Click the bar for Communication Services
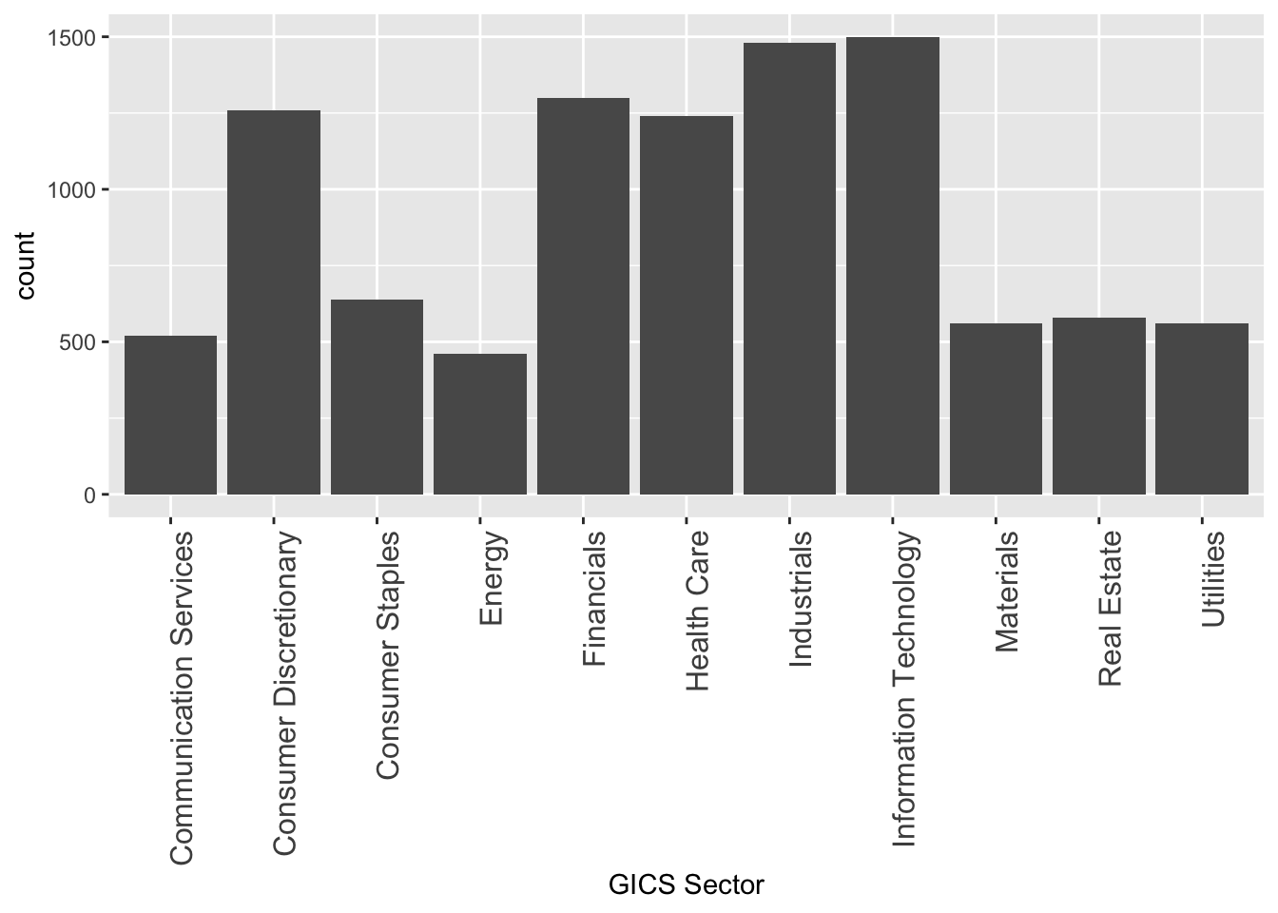click(x=171, y=415)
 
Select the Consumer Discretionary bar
click(x=274, y=302)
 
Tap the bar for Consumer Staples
click(x=377, y=397)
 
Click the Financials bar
click(x=583, y=296)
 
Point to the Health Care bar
click(x=687, y=305)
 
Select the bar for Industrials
click(x=789, y=268)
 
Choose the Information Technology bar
click(x=893, y=265)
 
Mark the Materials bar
click(x=996, y=409)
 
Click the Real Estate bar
click(x=1099, y=406)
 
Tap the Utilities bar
click(x=1202, y=409)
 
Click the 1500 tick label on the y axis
click(x=73, y=38)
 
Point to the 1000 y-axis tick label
click(x=73, y=190)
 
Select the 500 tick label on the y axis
click(x=78, y=342)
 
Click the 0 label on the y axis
click(x=90, y=495)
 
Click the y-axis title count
click(x=26, y=265)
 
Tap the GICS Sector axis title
click(x=687, y=885)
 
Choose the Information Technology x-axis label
click(x=903, y=689)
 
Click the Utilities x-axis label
click(x=1212, y=579)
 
